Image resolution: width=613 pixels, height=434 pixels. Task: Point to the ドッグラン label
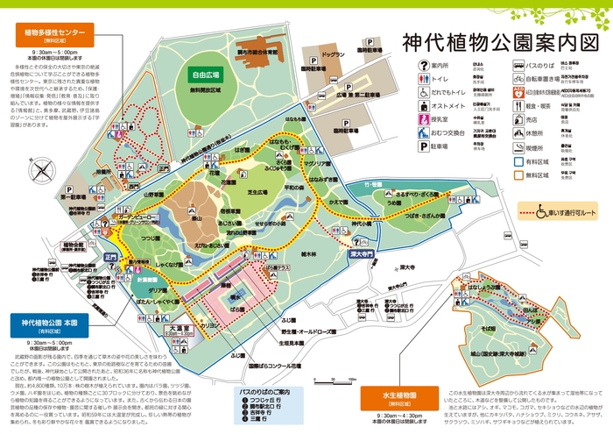[x=332, y=54]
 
